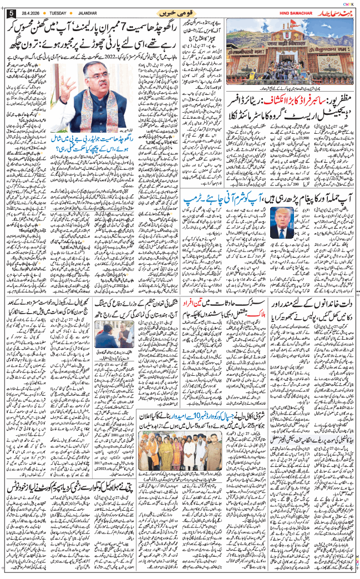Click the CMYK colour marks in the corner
click(352, 3)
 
